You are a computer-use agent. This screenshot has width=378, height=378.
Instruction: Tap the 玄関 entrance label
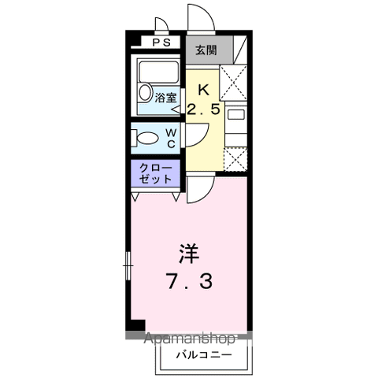coord(206,50)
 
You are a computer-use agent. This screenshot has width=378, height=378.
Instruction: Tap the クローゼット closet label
coord(154,174)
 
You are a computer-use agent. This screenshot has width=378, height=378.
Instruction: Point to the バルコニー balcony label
coord(203,354)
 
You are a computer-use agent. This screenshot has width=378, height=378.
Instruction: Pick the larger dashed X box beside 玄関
coord(233,78)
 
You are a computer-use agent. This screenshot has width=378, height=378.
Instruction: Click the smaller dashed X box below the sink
coord(234,157)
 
